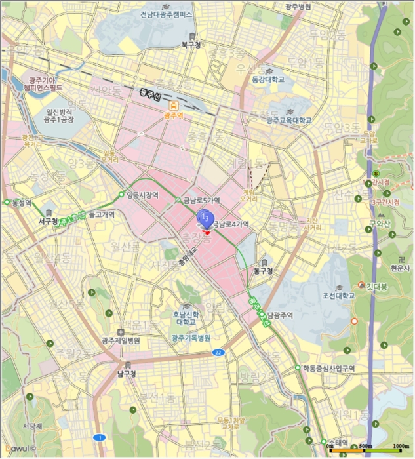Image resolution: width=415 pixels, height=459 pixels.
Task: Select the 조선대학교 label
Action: coord(339,295)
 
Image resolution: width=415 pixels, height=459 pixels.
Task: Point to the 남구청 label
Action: coord(126,374)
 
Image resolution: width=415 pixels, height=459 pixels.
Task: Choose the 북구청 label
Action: coord(190,45)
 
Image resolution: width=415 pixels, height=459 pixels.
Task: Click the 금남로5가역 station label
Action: coord(201,200)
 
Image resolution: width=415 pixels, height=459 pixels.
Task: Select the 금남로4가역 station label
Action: coord(233,224)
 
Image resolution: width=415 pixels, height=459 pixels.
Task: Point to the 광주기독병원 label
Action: coord(191,338)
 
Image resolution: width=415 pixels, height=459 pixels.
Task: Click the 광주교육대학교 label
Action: coord(289,121)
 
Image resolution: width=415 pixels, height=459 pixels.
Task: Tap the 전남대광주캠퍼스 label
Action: coord(176,14)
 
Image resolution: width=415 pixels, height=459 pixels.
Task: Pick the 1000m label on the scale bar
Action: coord(401,446)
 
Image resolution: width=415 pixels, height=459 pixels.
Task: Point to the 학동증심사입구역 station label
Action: coord(328,369)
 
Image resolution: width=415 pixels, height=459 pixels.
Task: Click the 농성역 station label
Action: coord(21,203)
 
